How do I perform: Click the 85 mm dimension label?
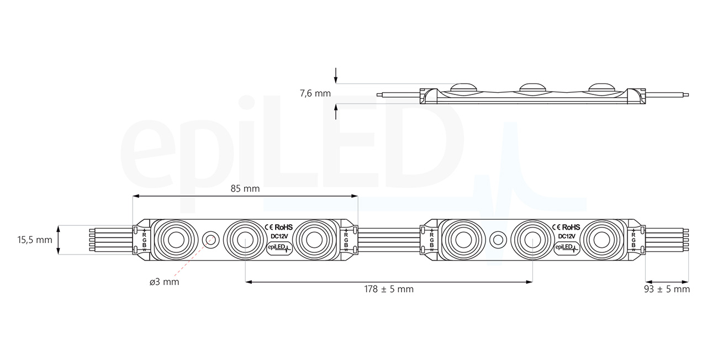pos(245,188)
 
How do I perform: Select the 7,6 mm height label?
pos(315,93)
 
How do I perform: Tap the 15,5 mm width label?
pos(34,240)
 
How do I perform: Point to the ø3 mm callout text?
pos(164,282)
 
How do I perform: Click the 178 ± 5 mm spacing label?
pos(388,289)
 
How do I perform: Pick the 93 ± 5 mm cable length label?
pos(667,289)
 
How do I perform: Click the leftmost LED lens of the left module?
pos(175,240)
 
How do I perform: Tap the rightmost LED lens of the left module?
pos(313,240)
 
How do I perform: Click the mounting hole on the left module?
pos(210,240)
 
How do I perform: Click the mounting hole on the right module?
pos(498,240)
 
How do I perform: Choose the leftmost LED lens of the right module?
pos(463,240)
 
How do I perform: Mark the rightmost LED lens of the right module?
pos(602,240)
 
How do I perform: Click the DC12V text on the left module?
pos(279,236)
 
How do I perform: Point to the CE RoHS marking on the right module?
pos(566,227)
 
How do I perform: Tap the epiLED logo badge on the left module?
pos(279,248)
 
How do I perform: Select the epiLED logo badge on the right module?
pos(567,248)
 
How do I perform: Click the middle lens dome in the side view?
pos(531,87)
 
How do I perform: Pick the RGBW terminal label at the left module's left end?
pos(144,240)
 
